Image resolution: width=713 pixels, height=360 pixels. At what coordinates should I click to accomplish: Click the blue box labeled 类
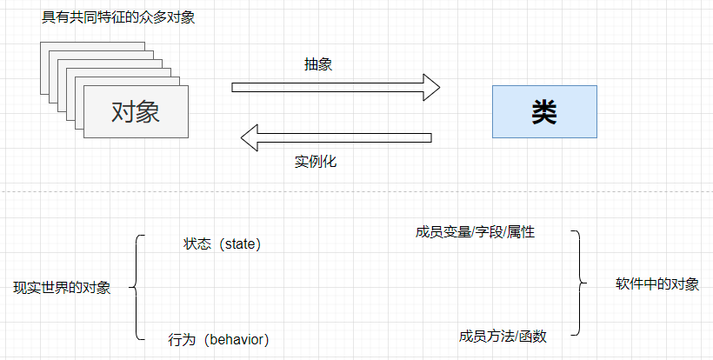point(544,111)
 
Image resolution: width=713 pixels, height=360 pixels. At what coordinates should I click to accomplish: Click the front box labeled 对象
point(137,111)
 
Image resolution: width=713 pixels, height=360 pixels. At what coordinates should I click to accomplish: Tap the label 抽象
point(317,64)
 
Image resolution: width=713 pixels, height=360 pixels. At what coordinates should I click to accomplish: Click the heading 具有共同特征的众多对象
point(118,17)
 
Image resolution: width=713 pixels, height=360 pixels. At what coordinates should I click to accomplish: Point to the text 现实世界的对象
point(63,288)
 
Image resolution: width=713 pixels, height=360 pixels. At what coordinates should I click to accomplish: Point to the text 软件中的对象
point(657,284)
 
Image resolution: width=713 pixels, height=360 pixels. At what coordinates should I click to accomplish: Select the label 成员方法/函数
point(503,337)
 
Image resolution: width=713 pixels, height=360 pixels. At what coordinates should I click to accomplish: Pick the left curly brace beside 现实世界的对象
point(137,287)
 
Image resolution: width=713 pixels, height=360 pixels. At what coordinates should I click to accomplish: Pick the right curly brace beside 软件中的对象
point(577,283)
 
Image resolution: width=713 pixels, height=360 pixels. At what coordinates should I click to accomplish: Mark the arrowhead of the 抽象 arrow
point(431,87)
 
